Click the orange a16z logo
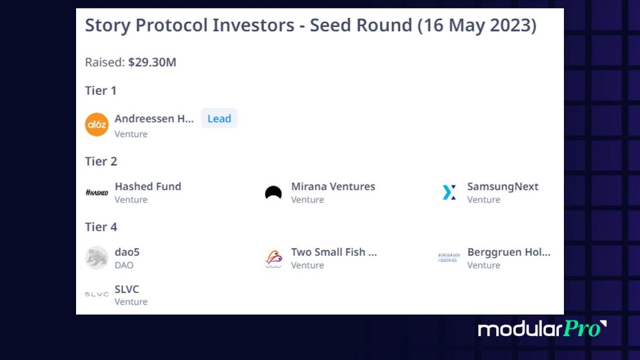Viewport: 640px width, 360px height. [x=97, y=124]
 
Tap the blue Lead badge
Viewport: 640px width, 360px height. [x=219, y=119]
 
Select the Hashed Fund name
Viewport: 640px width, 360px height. [x=148, y=186]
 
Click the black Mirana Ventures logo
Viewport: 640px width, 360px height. [x=273, y=193]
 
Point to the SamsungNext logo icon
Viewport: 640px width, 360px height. [x=449, y=192]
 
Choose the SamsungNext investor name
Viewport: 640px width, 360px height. [x=503, y=186]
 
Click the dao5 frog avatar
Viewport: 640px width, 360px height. [x=97, y=258]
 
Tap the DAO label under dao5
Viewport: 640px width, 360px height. [x=124, y=265]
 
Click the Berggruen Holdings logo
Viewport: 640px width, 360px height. [x=449, y=258]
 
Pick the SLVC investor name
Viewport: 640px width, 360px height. [x=127, y=289]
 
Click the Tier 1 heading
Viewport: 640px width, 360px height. [x=101, y=91]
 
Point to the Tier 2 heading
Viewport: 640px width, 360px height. [x=101, y=161]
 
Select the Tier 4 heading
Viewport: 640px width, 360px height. [x=101, y=227]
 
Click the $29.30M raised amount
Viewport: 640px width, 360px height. [x=152, y=62]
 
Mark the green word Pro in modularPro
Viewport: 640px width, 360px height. [x=582, y=329]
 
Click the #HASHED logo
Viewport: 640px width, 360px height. [x=97, y=193]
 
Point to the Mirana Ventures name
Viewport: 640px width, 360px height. [x=333, y=186]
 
